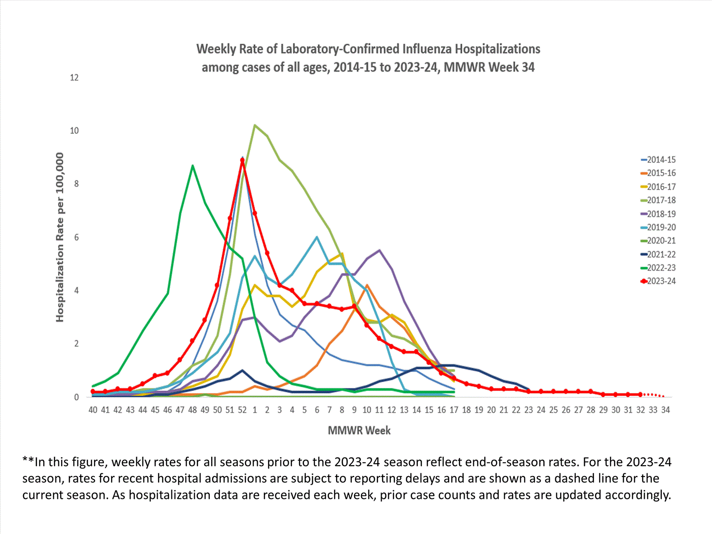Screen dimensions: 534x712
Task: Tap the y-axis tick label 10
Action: pos(74,131)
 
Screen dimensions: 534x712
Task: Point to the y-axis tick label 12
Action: pos(74,77)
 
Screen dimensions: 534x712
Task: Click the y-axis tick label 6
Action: pos(76,237)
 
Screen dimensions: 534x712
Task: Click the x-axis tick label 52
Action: pos(242,410)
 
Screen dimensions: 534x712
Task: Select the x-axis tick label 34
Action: pos(665,410)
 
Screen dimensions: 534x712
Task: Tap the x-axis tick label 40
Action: pos(93,410)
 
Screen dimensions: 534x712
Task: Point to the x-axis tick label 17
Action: pos(454,410)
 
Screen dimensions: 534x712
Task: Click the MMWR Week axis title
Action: pos(359,431)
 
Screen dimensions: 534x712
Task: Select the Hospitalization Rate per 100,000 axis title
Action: pos(60,237)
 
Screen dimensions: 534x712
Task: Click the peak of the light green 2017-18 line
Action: pos(255,125)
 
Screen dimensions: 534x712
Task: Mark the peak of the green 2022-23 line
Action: pos(192,165)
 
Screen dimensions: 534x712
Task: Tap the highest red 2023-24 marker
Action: pos(242,160)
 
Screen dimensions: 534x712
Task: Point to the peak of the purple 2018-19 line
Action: pos(379,250)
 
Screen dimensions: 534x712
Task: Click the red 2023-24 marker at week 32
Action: pos(640,394)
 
